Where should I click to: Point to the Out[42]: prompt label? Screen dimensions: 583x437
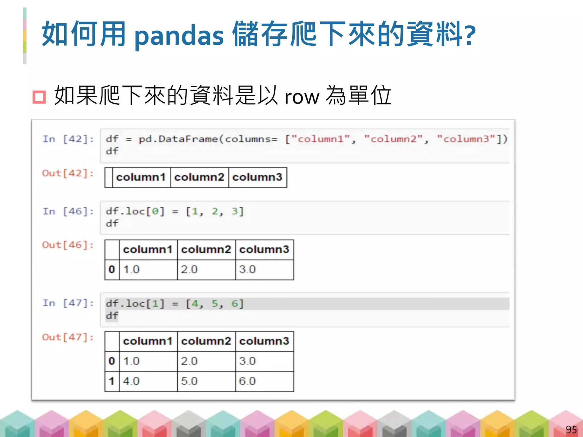coord(68,173)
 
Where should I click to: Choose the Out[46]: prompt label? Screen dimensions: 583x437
coord(68,245)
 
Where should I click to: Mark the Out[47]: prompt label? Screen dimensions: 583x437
coord(68,337)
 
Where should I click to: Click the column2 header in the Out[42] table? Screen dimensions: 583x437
coord(199,177)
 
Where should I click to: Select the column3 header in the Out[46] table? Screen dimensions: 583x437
coord(264,250)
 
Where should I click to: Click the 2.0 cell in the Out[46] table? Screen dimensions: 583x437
coord(189,269)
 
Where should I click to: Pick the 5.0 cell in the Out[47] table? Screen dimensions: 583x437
coord(189,381)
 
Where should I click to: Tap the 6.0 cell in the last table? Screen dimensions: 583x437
coord(247,381)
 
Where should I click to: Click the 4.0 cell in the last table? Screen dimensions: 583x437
coord(131,381)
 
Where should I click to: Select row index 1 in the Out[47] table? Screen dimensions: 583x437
coord(112,381)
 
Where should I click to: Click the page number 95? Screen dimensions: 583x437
coord(571,429)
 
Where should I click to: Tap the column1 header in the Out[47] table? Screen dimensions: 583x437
coord(148,341)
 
